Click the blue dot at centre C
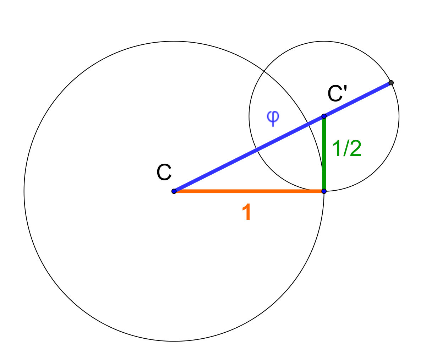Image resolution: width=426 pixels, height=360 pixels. click(174, 191)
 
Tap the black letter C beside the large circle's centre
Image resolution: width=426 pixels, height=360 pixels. click(164, 172)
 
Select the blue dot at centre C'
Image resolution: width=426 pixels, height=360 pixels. click(324, 116)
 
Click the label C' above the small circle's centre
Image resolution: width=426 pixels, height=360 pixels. click(337, 93)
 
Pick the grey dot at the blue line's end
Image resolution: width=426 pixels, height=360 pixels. click(391, 83)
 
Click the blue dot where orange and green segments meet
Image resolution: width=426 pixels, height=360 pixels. click(324, 191)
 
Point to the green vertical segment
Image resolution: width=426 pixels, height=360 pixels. click(324, 154)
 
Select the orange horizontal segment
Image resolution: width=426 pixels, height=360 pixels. click(249, 191)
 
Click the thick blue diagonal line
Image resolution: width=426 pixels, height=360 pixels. click(283, 137)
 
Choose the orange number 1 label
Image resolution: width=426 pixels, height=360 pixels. click(246, 212)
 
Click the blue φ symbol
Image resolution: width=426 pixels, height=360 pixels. click(273, 118)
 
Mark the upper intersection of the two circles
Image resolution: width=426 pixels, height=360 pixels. click(264, 71)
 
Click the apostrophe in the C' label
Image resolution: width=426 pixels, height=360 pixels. click(345, 88)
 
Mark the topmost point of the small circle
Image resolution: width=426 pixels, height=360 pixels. click(324, 41)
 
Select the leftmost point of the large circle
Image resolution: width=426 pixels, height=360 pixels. click(24, 191)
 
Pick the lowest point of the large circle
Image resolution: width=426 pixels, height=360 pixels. click(174, 341)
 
